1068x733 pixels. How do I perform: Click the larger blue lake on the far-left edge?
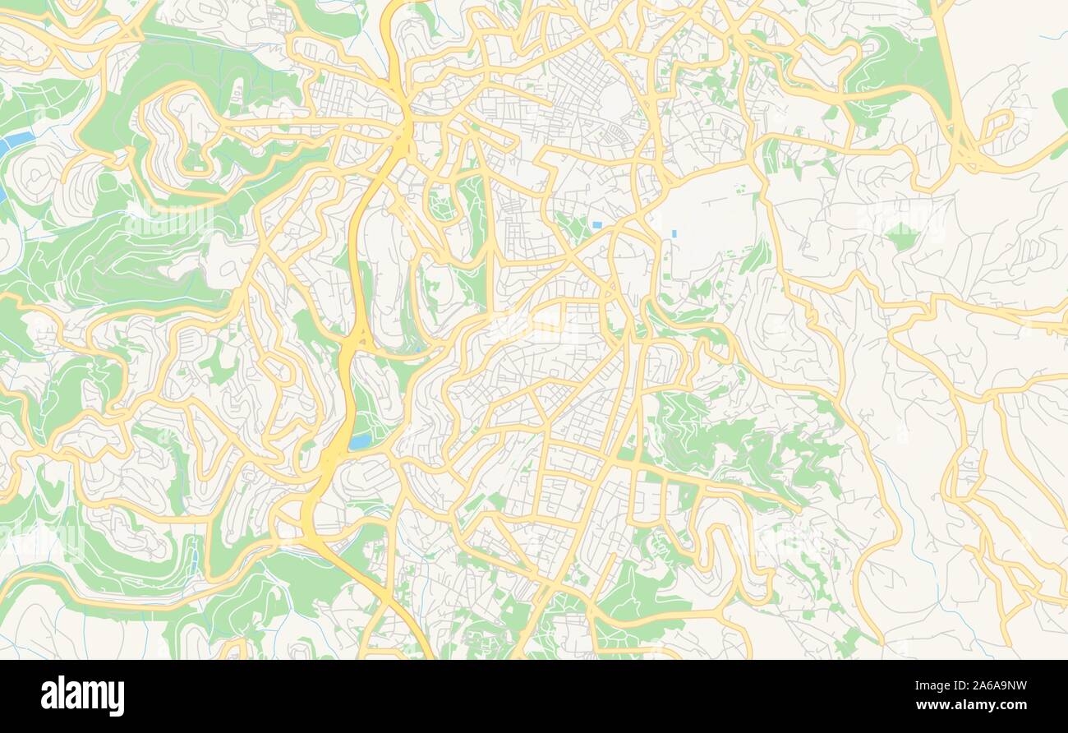pyautogui.click(x=15, y=142)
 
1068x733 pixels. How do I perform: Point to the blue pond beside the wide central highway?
pyautogui.click(x=360, y=442)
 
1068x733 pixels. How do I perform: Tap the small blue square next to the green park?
pyautogui.click(x=596, y=224)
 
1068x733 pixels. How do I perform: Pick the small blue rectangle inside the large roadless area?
pyautogui.click(x=674, y=234)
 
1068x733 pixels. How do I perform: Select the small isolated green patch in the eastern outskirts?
pyautogui.click(x=902, y=237)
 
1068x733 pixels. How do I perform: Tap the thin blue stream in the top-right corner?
pyautogui.click(x=1047, y=37)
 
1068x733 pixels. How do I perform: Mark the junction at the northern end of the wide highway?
pyautogui.click(x=405, y=123)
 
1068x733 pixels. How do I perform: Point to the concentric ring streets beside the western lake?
pyautogui.click(x=33, y=177)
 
